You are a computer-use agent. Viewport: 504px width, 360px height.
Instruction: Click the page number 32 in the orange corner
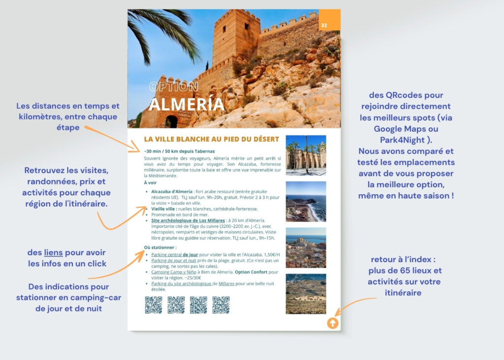click(x=324, y=25)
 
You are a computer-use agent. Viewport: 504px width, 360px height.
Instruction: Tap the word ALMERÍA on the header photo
click(x=187, y=105)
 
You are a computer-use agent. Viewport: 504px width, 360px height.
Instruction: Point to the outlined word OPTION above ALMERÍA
click(x=174, y=87)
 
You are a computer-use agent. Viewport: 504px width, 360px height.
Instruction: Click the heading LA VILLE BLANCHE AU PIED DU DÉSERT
click(x=211, y=140)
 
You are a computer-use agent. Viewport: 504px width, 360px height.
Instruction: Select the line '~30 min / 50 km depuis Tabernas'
click(x=179, y=151)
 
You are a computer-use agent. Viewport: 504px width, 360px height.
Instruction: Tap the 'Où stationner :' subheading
click(x=160, y=247)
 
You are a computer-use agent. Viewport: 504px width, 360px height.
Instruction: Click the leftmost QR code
click(x=153, y=305)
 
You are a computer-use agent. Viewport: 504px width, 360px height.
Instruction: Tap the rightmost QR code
click(x=221, y=305)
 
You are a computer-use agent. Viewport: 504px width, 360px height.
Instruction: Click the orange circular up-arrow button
click(x=332, y=323)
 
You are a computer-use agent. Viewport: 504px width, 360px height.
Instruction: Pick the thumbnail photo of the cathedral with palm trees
click(x=306, y=155)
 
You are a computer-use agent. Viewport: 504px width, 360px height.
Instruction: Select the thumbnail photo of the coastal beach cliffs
click(x=306, y=202)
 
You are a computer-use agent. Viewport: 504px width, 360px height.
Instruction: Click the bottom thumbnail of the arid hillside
click(x=306, y=294)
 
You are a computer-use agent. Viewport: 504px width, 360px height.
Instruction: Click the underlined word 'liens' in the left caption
click(x=53, y=253)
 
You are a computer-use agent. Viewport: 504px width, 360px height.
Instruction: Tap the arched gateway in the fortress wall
click(x=171, y=121)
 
